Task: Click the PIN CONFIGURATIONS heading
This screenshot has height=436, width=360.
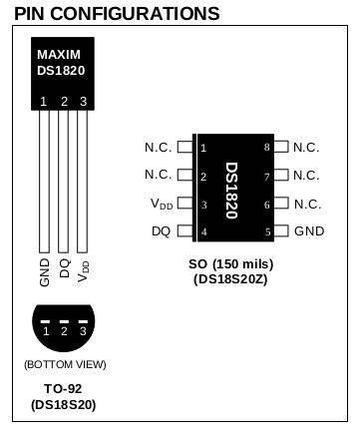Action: point(117,14)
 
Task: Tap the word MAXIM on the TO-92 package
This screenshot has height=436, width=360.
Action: point(59,55)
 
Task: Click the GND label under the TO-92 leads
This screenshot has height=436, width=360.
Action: point(45,272)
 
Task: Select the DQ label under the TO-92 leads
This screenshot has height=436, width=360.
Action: point(65,268)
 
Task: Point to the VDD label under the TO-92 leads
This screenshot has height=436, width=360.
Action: point(84,271)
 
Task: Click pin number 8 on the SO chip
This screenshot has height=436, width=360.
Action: point(266,147)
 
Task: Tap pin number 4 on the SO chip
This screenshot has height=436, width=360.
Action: point(203,231)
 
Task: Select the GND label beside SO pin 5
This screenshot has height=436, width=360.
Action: point(309,231)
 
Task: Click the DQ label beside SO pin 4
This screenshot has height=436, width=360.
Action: point(162,231)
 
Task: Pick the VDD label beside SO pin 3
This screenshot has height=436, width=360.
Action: point(162,204)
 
